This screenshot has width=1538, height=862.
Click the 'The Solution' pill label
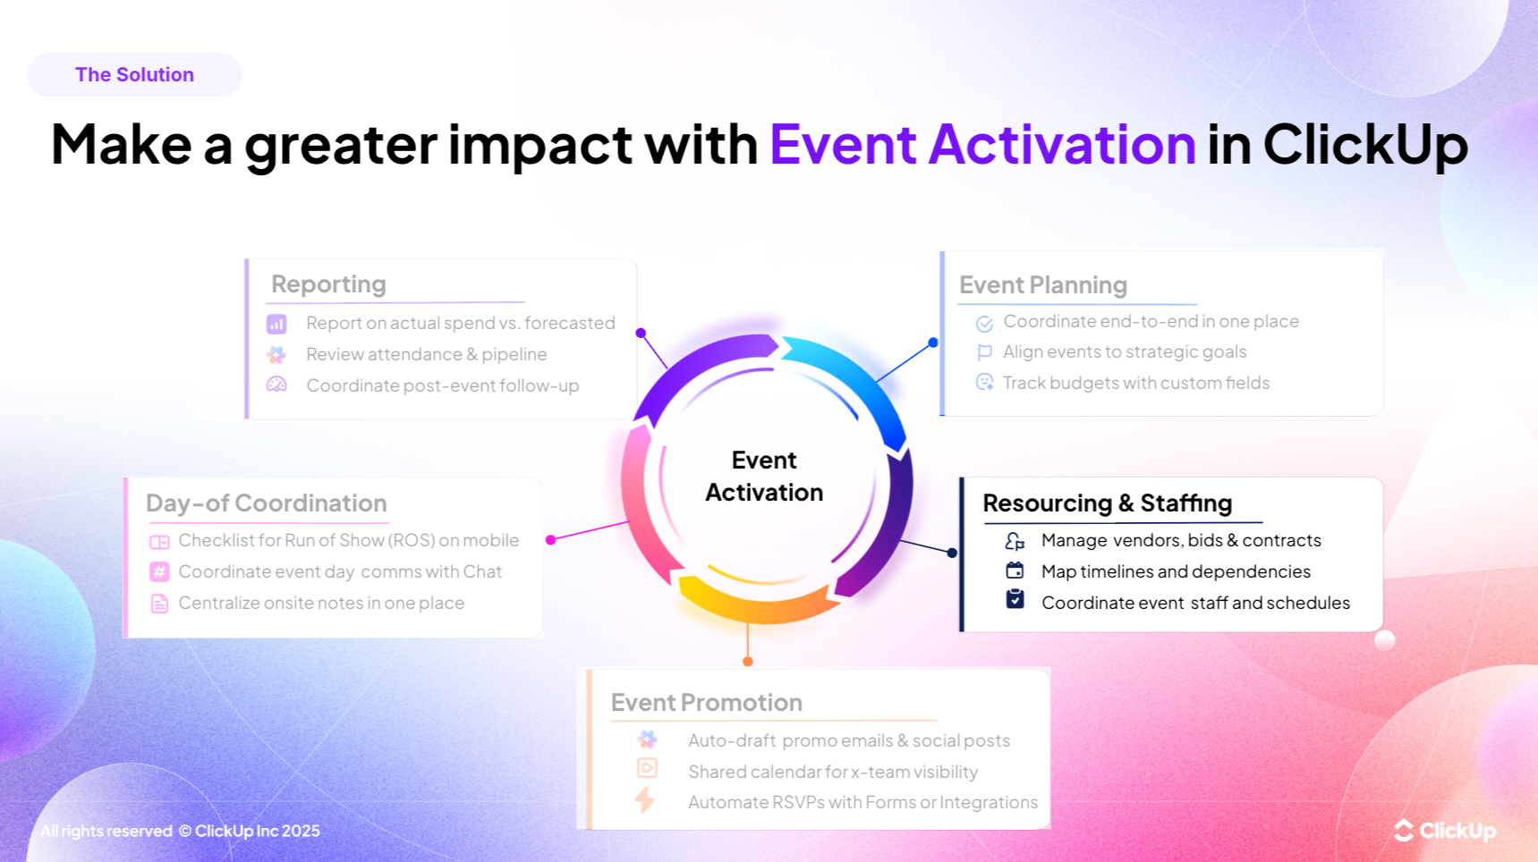134,75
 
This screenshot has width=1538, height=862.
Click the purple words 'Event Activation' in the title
981,144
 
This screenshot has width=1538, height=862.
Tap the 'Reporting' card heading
328,284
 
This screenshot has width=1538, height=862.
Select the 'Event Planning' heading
1042,285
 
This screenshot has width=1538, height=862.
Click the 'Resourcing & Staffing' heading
1107,503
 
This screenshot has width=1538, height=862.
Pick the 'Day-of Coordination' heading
266,503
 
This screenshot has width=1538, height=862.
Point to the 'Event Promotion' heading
706,703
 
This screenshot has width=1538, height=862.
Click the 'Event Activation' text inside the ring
763,476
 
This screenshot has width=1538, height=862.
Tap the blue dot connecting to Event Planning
933,342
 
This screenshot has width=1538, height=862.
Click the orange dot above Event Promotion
748,662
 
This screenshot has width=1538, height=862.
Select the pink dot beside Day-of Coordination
551,539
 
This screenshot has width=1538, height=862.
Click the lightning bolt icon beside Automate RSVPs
645,799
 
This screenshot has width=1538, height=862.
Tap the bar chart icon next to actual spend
276,324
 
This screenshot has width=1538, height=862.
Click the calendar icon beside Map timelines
1015,570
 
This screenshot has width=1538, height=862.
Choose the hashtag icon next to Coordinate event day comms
159,571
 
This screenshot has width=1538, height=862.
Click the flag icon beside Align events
984,352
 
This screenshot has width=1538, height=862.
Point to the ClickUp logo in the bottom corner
1444,831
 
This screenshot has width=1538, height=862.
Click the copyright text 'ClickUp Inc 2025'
257,831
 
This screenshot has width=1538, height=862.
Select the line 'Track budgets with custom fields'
1135,383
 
